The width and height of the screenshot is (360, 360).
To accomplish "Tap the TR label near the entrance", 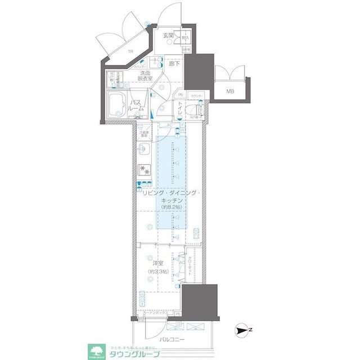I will tap(130, 51).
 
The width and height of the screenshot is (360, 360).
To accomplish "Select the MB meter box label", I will tap(231, 91).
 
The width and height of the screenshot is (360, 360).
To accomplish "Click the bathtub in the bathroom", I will tap(118, 104).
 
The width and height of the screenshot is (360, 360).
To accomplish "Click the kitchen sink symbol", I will tap(142, 150).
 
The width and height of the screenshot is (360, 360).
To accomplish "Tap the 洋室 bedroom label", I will tap(158, 263).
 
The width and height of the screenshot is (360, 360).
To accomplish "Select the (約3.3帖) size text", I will tap(158, 272).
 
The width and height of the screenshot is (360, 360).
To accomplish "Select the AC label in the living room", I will tap(169, 125).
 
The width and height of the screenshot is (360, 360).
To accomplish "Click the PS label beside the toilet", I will tap(181, 94).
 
